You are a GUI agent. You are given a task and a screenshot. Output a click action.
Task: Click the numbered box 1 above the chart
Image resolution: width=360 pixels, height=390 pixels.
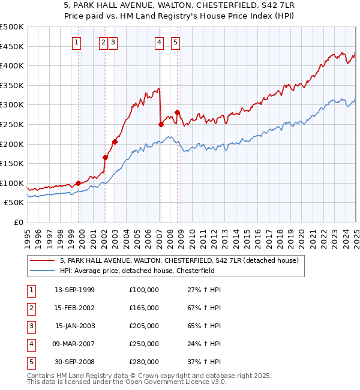pos(78,42)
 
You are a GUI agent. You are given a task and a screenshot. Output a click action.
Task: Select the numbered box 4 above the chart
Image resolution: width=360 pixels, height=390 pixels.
pos(159,42)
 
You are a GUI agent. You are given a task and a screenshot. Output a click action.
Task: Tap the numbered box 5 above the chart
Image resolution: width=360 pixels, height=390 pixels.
pos(175,42)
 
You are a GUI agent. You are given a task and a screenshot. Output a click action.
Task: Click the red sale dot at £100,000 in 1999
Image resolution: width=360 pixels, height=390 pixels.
pos(79,183)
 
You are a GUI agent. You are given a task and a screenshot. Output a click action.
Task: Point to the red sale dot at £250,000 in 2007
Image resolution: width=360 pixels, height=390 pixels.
pos(161,124)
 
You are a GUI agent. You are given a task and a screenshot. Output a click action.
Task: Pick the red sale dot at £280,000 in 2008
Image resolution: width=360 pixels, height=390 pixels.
pos(178,112)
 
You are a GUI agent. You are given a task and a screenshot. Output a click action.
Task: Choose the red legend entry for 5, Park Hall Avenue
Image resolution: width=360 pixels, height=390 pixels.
pos(184,260)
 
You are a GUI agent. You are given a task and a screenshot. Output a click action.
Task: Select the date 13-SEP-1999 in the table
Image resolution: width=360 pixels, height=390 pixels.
pos(74,290)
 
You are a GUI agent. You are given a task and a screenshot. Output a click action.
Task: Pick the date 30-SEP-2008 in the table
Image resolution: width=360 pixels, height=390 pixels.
pos(74,362)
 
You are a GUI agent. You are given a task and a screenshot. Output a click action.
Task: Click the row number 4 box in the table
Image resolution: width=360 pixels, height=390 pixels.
pos(30,344)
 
